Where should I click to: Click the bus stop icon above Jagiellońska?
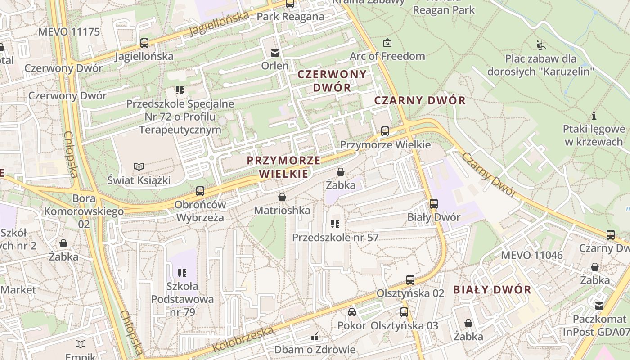[144, 43]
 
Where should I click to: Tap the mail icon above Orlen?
[274, 53]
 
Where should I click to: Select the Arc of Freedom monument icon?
[387, 43]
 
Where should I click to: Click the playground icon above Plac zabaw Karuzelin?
[540, 45]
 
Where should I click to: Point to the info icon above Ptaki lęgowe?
[594, 116]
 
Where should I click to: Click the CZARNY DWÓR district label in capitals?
[420, 100]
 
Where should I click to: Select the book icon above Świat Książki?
[139, 167]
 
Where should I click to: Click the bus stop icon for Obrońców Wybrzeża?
[200, 191]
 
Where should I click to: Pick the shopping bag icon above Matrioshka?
[282, 197]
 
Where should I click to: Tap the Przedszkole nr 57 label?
[336, 237]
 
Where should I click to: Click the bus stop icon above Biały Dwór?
[434, 204]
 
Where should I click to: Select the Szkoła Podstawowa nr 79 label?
[182, 299]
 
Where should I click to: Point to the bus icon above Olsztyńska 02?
[410, 280]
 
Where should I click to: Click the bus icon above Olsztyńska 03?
[404, 312]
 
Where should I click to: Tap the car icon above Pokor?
[352, 312]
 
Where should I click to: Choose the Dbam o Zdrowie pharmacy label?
[315, 349]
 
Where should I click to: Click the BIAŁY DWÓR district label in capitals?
[492, 289]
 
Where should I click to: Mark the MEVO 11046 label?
[531, 255]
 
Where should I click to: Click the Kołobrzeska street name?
[243, 340]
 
